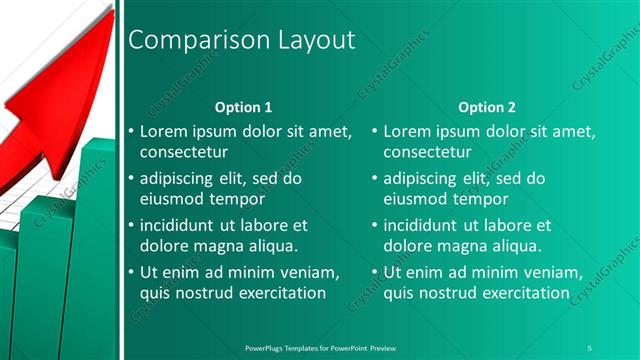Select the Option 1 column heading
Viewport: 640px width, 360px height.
pyautogui.click(x=244, y=107)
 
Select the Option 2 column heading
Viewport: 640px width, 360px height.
pyautogui.click(x=488, y=107)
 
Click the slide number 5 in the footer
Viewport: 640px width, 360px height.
pyautogui.click(x=589, y=346)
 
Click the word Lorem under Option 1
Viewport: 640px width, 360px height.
pyautogui.click(x=165, y=131)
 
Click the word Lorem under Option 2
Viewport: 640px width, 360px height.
pyautogui.click(x=409, y=131)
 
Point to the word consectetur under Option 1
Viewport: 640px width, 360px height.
pyautogui.click(x=183, y=152)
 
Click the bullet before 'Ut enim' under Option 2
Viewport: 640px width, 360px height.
pyautogui.click(x=375, y=273)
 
